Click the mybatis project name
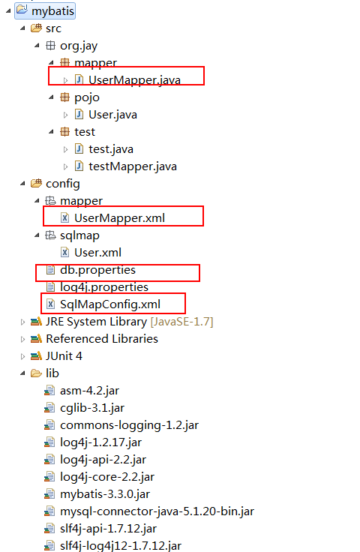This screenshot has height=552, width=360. coord(52,11)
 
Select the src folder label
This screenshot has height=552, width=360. coord(53,28)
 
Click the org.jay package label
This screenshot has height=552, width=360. coord(79,46)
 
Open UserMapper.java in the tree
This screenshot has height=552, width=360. coord(134,80)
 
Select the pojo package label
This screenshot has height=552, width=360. coord(87,97)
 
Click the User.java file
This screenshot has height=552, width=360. coord(112,115)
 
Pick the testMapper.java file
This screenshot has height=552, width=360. coord(133,166)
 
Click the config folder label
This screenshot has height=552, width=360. coord(63,184)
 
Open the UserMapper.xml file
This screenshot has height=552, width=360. coord(120,218)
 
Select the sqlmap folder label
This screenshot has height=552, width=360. coord(80,235)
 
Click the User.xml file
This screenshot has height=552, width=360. coord(97,253)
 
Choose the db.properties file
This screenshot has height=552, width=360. coord(97,270)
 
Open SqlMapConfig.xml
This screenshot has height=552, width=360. coord(110,304)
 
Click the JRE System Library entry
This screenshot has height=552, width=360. coord(130,322)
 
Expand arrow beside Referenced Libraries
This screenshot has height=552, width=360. coord(22,339)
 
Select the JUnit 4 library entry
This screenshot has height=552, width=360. coord(64,356)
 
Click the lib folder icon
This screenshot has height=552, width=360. coord(36,373)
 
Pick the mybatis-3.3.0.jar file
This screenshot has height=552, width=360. coord(105,494)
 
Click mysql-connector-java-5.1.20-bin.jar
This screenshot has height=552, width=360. coord(157,511)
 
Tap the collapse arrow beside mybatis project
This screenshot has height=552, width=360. coord(8,11)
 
